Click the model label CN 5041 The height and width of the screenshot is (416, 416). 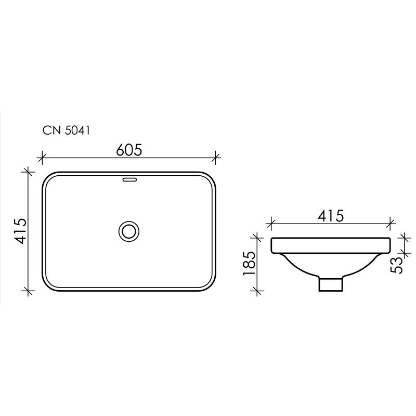coord(67,131)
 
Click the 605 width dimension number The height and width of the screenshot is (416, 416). coord(129,150)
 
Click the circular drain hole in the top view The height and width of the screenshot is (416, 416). coord(128,230)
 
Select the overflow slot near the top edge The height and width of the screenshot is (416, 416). coord(128,180)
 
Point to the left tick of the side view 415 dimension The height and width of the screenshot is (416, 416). coord(270,224)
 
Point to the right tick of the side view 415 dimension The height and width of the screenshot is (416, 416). coord(391,224)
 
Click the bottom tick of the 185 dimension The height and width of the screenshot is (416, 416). coord(255,292)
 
